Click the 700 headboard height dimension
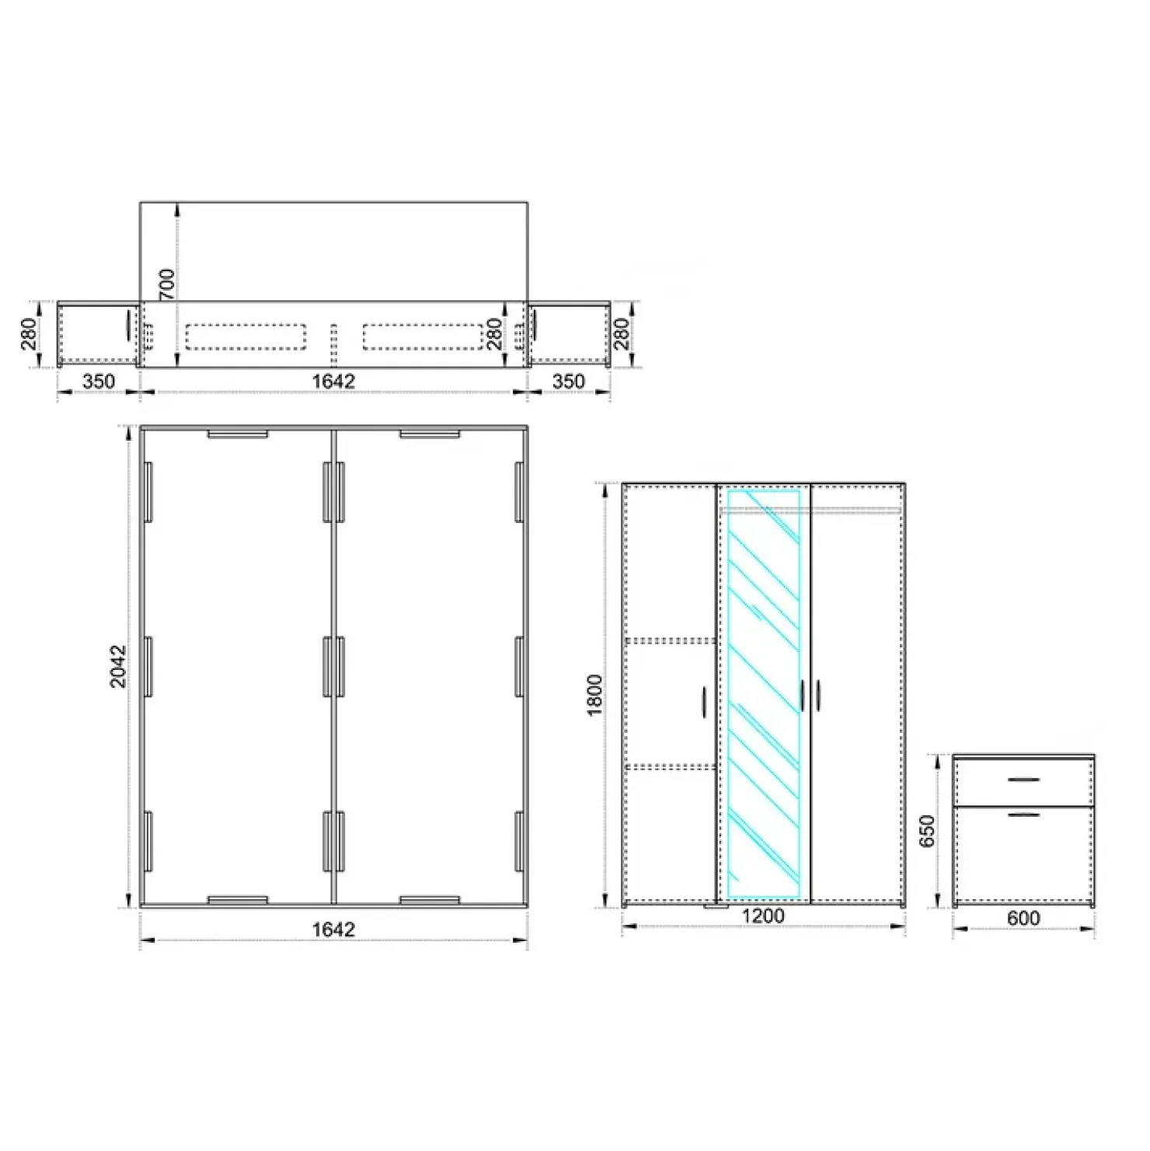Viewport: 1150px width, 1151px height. (167, 284)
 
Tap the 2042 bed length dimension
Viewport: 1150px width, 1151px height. (117, 665)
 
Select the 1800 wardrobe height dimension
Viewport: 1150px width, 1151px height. (594, 695)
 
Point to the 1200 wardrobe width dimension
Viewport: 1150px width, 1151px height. (763, 916)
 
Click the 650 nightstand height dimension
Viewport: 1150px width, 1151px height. (927, 831)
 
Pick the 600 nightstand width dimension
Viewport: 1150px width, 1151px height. (1023, 918)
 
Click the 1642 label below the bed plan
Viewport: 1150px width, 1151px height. (333, 929)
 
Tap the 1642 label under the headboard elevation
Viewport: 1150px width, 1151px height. (333, 381)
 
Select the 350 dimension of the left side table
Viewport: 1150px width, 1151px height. (99, 381)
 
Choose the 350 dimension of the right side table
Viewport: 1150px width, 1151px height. (568, 381)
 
